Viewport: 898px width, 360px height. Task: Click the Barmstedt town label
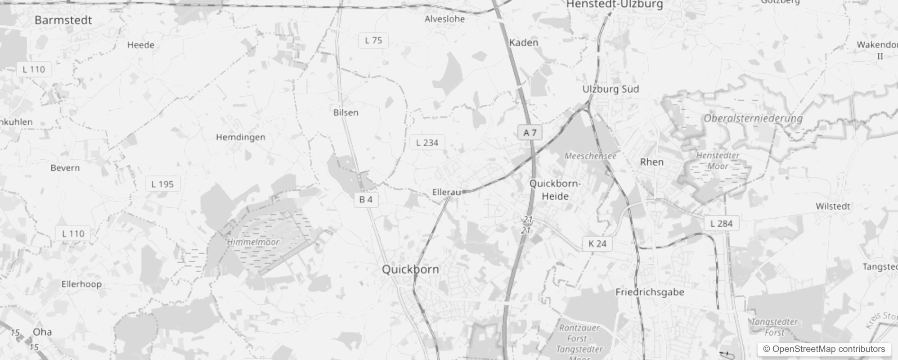[x=63, y=20]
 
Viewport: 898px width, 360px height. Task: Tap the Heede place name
[x=140, y=45]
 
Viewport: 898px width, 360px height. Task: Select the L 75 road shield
[x=373, y=40]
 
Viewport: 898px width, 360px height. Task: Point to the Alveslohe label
[x=445, y=19]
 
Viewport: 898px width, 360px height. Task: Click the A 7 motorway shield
[x=530, y=133]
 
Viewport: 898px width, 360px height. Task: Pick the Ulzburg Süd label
[x=611, y=89]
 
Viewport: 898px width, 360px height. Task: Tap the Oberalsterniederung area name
[x=753, y=119]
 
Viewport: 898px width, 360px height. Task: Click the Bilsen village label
[x=346, y=112]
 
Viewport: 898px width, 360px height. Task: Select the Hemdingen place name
[x=240, y=137]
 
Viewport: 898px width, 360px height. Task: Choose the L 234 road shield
[x=427, y=143]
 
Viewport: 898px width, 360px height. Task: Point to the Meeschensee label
[x=590, y=156]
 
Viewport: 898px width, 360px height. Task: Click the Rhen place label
[x=651, y=162]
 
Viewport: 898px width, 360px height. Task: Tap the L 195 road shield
[x=162, y=184]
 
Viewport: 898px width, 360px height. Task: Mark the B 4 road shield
[x=366, y=200]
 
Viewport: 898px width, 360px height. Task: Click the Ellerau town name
[x=446, y=193]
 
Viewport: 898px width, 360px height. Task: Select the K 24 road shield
[x=597, y=244]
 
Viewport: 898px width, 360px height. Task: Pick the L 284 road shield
[x=721, y=223]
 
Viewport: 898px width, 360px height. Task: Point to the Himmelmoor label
[x=253, y=242]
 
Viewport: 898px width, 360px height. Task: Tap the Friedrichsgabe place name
[x=650, y=292]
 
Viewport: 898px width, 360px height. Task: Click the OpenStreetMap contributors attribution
[x=824, y=349]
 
